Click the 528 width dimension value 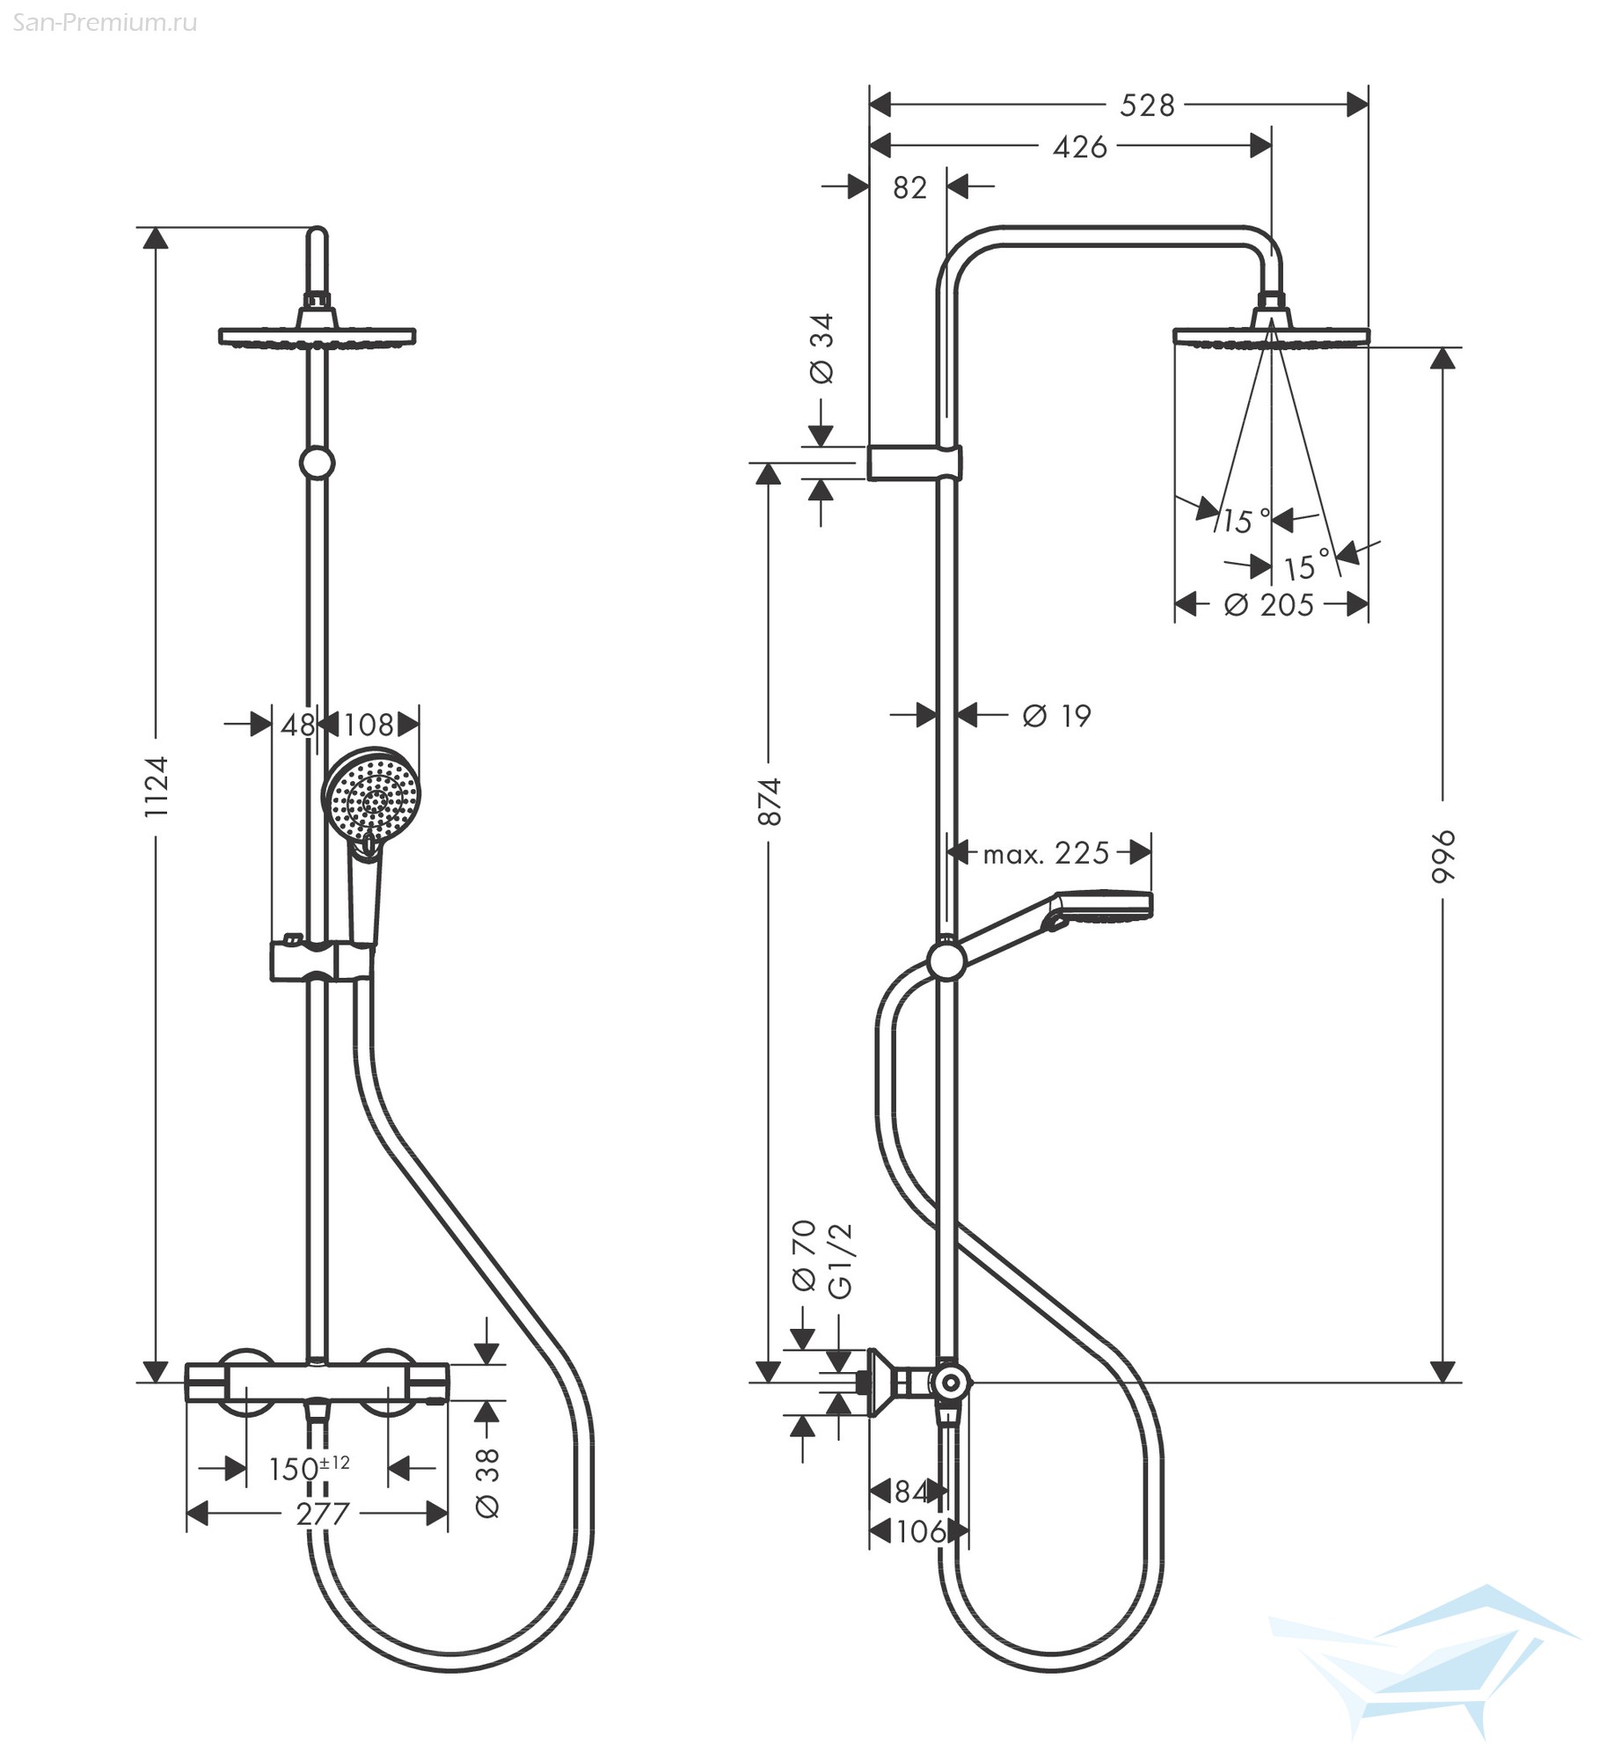[x=1147, y=106]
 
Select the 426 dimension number [x=1080, y=147]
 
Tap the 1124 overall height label [x=156, y=787]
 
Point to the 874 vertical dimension [x=769, y=801]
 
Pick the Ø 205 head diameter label [x=1268, y=605]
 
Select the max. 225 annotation [x=1046, y=853]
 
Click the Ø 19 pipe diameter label [x=1056, y=716]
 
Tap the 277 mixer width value [x=323, y=1514]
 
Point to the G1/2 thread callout [x=841, y=1260]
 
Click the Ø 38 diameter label [x=486, y=1483]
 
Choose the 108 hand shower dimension [x=369, y=725]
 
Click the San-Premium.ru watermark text [x=105, y=23]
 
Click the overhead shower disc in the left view [x=317, y=335]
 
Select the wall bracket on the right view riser [x=915, y=463]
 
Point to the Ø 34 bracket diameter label [x=821, y=349]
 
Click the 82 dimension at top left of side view [x=909, y=187]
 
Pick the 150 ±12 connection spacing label [x=309, y=1468]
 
